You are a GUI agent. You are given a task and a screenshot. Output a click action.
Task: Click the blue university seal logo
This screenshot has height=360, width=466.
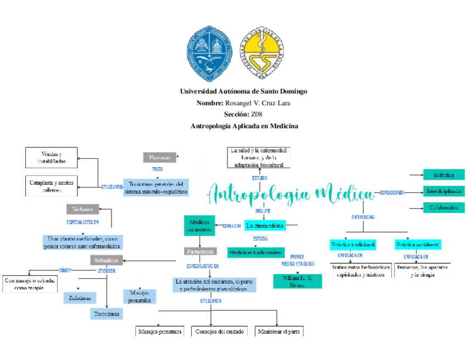pyautogui.click(x=209, y=53)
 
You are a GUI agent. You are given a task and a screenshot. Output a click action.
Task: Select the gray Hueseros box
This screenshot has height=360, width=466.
pyautogui.click(x=160, y=157)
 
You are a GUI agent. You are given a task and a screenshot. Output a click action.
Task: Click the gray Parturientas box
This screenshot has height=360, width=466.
pyautogui.click(x=200, y=251)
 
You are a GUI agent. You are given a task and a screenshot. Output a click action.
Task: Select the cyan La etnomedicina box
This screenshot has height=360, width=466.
pyautogui.click(x=265, y=225)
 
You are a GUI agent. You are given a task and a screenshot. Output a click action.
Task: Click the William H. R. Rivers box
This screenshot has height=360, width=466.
pyautogui.click(x=297, y=281)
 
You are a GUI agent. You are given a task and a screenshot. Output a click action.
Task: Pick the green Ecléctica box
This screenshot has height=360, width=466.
pyautogui.click(x=443, y=175)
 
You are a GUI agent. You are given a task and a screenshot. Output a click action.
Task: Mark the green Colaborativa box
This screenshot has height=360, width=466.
pyautogui.click(x=443, y=208)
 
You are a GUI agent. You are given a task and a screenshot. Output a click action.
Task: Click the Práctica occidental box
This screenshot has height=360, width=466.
pyautogui.click(x=418, y=244)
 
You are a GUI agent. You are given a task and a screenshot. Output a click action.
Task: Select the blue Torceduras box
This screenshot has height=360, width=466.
pyautogui.click(x=107, y=314)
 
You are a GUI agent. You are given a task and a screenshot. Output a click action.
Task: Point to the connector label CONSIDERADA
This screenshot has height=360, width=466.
pyautogui.click(x=392, y=192)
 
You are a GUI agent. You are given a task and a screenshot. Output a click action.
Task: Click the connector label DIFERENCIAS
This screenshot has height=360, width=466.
pyautogui.click(x=363, y=217)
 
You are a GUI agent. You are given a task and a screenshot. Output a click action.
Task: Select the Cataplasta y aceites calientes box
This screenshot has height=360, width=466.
pyautogui.click(x=52, y=186)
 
